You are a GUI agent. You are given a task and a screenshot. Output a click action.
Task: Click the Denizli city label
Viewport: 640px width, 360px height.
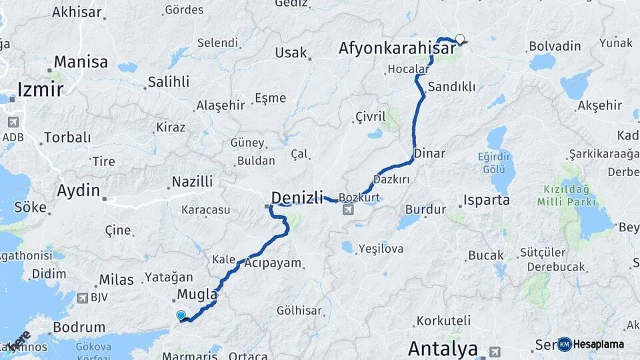[x=297, y=197]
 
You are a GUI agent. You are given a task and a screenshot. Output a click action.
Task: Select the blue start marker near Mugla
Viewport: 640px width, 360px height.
[x=181, y=315]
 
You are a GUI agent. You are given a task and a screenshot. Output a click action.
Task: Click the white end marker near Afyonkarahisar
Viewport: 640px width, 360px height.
[x=459, y=39]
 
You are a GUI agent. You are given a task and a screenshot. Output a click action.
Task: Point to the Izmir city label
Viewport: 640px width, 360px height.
[x=40, y=89]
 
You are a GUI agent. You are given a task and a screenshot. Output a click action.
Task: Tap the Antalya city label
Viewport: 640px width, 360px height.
[x=443, y=348]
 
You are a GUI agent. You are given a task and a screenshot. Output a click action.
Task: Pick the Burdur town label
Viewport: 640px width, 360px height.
[x=425, y=209]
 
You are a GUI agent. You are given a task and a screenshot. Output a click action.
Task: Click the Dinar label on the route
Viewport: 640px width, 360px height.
[x=429, y=153]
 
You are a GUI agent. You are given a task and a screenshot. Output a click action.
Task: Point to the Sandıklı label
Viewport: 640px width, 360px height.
[x=451, y=87]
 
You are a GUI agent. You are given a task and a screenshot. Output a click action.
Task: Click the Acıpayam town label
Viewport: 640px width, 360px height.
[x=273, y=263]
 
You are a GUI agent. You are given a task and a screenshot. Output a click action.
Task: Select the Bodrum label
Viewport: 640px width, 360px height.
[x=79, y=327]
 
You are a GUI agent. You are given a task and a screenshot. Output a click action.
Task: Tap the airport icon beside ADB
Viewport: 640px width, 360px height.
[x=13, y=123]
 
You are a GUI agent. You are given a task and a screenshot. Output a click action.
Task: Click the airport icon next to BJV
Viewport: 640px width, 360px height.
[x=83, y=298]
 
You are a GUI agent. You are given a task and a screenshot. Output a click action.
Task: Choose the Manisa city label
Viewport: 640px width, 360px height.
[x=81, y=62]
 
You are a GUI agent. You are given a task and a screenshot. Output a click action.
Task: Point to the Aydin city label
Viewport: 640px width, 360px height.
[x=79, y=190]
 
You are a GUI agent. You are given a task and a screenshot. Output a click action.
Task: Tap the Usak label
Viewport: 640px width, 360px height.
[x=291, y=53]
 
